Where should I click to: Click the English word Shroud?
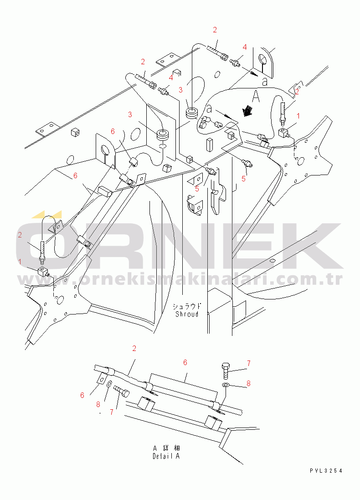pyautogui.click(x=187, y=314)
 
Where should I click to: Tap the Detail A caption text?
pyautogui.click(x=166, y=456)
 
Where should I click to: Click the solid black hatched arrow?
pyautogui.click(x=247, y=110)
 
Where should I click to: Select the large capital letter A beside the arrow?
pyautogui.click(x=256, y=96)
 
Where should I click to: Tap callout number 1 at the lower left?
pyautogui.click(x=20, y=261)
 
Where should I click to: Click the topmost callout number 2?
pyautogui.click(x=215, y=30)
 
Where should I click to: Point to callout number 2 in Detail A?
pyautogui.click(x=134, y=349)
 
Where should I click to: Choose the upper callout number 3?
pyautogui.click(x=180, y=89)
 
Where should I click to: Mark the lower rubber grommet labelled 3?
pyautogui.click(x=163, y=135)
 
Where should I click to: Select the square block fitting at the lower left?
pyautogui.click(x=43, y=273)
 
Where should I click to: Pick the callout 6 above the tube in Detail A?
pyautogui.click(x=185, y=362)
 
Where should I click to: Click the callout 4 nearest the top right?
pyautogui.click(x=244, y=47)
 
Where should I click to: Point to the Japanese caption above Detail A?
pyautogui.click(x=166, y=448)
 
